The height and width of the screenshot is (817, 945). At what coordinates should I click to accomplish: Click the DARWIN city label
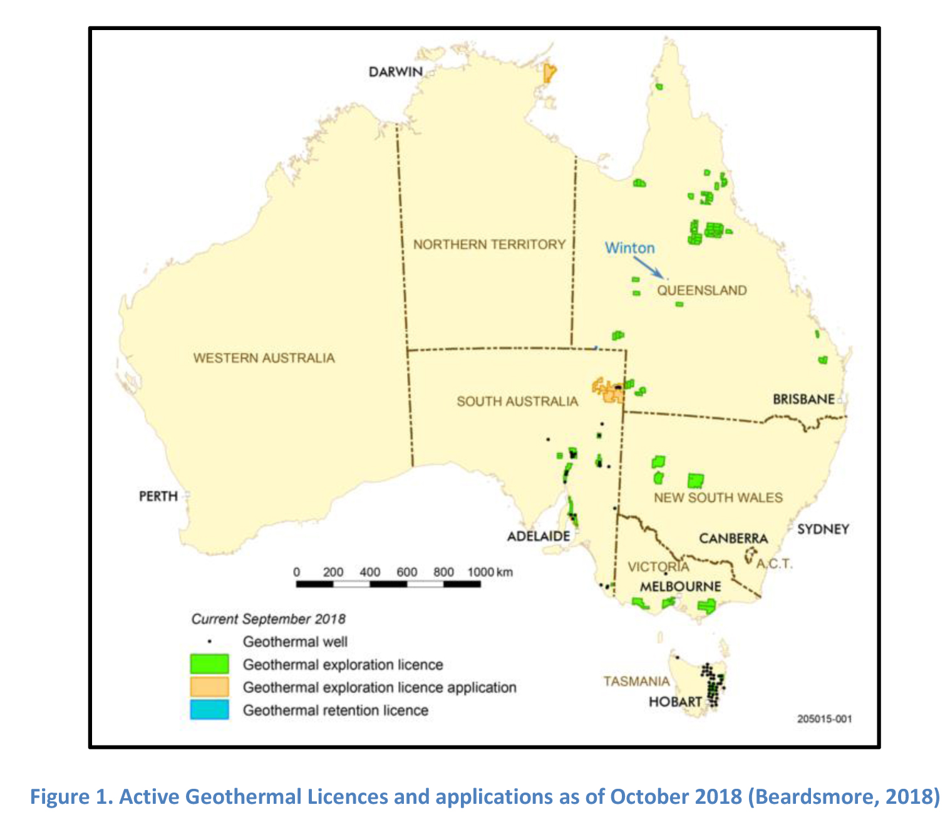click(x=395, y=72)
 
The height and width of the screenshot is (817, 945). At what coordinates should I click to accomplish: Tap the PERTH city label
click(x=158, y=496)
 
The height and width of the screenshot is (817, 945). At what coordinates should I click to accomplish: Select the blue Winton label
click(x=629, y=248)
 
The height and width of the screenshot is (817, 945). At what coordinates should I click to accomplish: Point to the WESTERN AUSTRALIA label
click(x=264, y=358)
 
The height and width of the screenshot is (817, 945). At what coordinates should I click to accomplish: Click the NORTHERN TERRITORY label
click(x=489, y=244)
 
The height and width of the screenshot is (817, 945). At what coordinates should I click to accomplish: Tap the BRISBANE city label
click(x=803, y=399)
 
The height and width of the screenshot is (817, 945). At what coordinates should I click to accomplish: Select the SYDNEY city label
click(x=823, y=529)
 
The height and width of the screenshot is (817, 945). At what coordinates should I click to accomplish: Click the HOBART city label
click(x=675, y=702)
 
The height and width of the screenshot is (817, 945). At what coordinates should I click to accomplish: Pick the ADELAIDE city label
click(x=539, y=536)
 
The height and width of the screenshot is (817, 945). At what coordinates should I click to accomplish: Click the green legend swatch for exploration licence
click(x=209, y=665)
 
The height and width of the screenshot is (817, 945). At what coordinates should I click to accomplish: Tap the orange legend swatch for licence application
click(x=209, y=687)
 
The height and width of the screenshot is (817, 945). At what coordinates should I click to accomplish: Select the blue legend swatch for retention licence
click(x=209, y=710)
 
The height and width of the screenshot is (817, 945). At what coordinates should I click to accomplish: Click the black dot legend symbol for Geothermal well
click(x=210, y=642)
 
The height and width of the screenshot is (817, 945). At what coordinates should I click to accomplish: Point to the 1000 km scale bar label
click(x=489, y=572)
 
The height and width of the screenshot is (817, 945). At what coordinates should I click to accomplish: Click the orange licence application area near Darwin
click(x=549, y=73)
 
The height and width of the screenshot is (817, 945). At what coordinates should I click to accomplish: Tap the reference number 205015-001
click(x=824, y=719)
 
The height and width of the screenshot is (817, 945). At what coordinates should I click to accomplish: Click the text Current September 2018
click(x=268, y=619)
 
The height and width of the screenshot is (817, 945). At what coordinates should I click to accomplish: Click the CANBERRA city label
click(x=733, y=539)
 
